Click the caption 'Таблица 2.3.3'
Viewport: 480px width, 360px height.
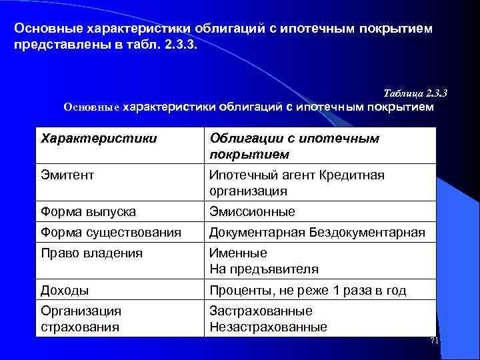pos(415,93)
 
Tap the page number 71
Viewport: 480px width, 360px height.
pos(434,341)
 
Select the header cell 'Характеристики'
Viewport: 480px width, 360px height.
pos(99,138)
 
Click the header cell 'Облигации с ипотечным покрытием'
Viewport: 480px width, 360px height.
pos(294,146)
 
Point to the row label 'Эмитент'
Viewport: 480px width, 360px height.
pos(67,175)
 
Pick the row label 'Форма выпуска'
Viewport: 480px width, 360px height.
pos(89,211)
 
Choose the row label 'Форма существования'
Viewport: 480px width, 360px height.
pos(111,232)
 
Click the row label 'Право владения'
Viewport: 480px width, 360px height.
pos(91,253)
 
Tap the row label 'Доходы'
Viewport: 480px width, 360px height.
pos(65,290)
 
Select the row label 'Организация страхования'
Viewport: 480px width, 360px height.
pos(81,319)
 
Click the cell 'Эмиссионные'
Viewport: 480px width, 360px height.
pos(252,211)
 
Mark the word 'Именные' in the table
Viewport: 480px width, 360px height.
pos(238,253)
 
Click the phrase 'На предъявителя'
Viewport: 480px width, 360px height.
pos(264,269)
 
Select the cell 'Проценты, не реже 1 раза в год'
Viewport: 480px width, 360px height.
pos(307,290)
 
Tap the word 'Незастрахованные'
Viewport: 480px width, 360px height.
pos(268,327)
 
